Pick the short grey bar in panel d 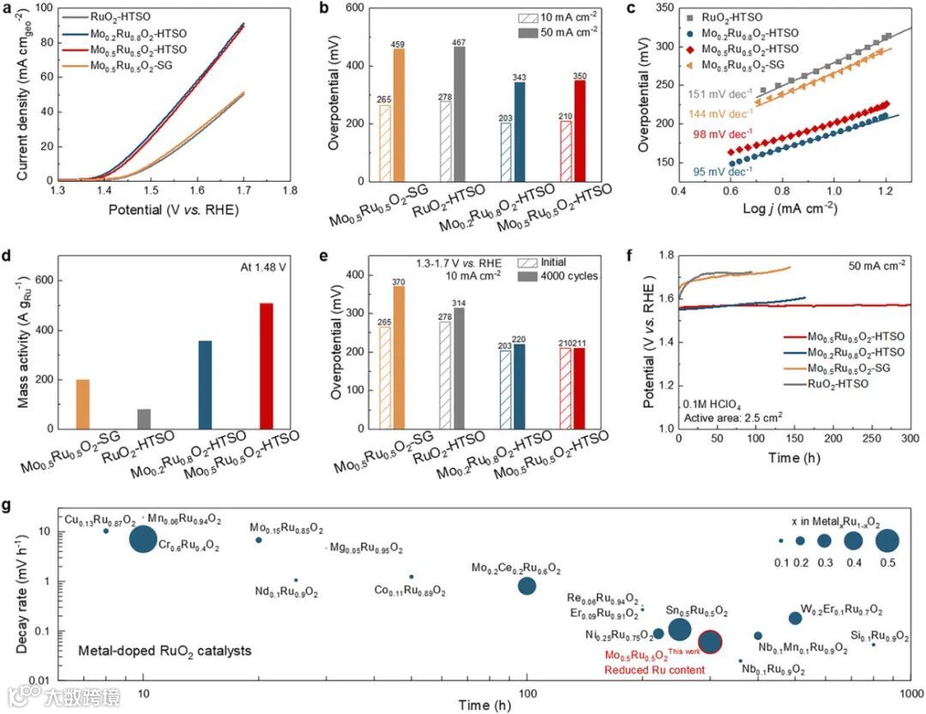pyautogui.click(x=143, y=418)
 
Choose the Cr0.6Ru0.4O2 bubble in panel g pyautogui.click(x=142, y=539)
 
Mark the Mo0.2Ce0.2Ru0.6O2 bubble pyautogui.click(x=527, y=585)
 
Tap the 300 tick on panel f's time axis pyautogui.click(x=909, y=440)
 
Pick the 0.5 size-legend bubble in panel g pyautogui.click(x=887, y=541)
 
